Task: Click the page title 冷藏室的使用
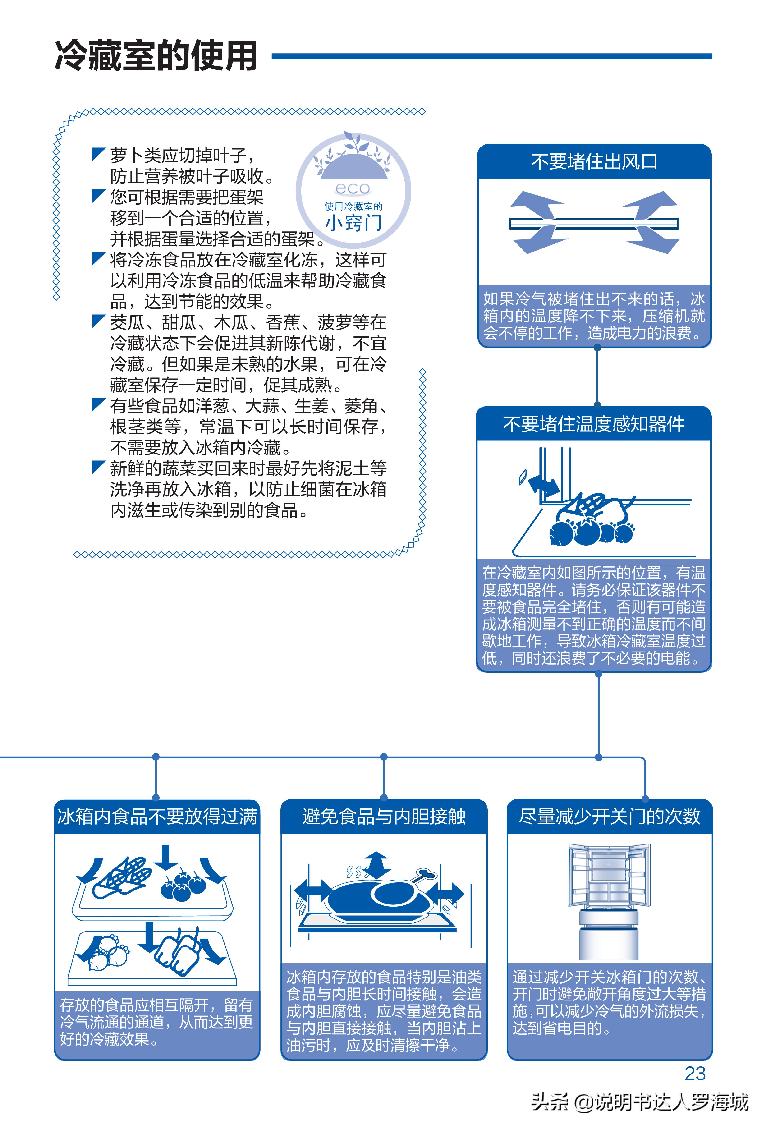point(156,56)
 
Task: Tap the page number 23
point(695,1073)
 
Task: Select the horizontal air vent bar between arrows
point(594,224)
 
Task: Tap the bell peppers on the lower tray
point(177,952)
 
